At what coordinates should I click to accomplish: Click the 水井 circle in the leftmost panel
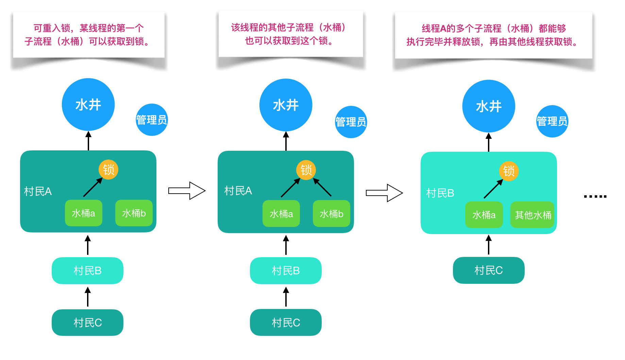point(88,104)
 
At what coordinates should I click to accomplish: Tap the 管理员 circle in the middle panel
point(351,122)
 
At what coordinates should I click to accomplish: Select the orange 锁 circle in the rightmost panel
point(509,171)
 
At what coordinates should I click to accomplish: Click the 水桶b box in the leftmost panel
point(134,213)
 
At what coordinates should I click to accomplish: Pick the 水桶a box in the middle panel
point(281,214)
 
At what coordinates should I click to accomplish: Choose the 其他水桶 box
point(533,215)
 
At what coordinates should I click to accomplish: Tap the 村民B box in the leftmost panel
point(87,271)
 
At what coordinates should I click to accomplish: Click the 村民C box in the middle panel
point(286,322)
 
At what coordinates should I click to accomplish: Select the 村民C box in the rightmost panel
point(488,270)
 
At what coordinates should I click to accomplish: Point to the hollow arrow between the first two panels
point(187,191)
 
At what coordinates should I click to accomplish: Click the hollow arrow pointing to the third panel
point(384,193)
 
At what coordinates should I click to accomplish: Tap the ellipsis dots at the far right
point(595,196)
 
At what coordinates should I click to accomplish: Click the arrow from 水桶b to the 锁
point(322,187)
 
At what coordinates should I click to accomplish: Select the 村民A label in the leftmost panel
point(38,191)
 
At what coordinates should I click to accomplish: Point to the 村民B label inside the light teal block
point(440,193)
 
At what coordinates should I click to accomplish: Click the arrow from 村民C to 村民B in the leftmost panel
point(88,297)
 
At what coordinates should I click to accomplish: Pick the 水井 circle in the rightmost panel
point(489,106)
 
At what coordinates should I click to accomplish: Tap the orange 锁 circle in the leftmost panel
point(108,169)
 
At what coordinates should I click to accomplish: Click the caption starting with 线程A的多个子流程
point(493,35)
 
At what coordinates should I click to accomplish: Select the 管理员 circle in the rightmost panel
point(552,121)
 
